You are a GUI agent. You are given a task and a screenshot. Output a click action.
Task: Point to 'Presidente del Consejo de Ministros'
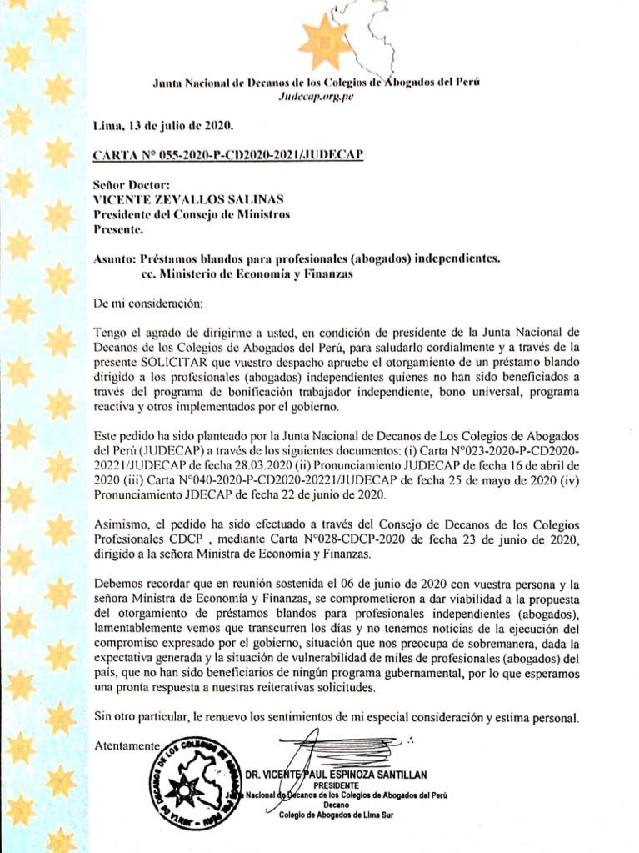(x=192, y=214)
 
